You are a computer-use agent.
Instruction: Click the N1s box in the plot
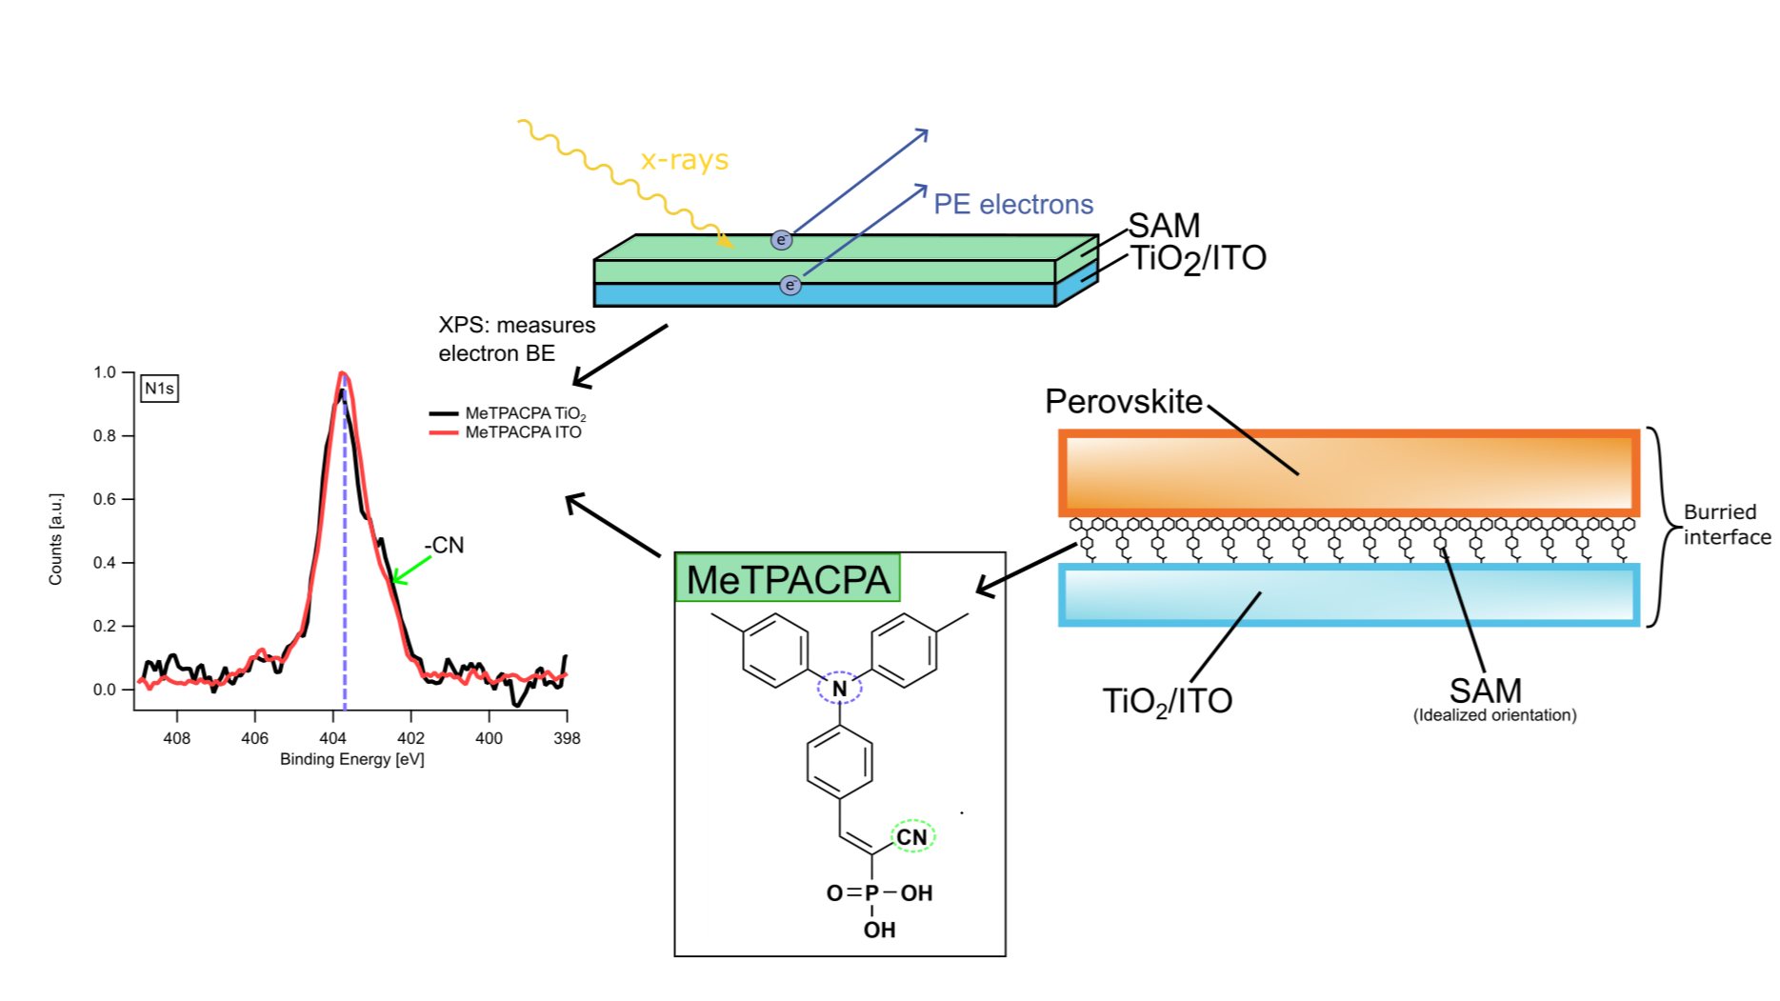[x=159, y=389]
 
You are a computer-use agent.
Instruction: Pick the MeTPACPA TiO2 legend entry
[x=525, y=413]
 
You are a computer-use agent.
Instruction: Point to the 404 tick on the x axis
[x=332, y=737]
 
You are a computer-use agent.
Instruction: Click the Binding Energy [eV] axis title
[x=351, y=759]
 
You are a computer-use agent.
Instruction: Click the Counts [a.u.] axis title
[x=56, y=539]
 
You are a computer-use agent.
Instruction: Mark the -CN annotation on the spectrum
[x=444, y=546]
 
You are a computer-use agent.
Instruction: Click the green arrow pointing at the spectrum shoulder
[x=411, y=570]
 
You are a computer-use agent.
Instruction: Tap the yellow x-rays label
[x=684, y=159]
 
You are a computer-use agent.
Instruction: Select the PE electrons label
[x=1013, y=205]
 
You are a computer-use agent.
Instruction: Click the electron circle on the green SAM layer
[x=781, y=240]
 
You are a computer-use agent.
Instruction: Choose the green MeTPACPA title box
[x=788, y=579]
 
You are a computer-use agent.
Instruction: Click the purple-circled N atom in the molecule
[x=839, y=688]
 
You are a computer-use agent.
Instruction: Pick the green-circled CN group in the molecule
[x=911, y=836]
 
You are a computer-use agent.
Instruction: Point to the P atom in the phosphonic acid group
[x=871, y=893]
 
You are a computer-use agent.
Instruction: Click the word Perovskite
[x=1124, y=402]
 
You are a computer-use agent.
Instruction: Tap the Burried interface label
[x=1726, y=525]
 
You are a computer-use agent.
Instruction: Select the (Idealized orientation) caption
[x=1494, y=715]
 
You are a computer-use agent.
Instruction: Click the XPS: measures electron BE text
[x=516, y=339]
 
